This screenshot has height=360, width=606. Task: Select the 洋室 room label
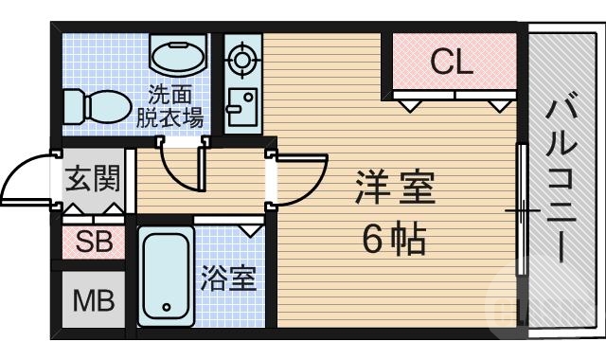coord(395,187)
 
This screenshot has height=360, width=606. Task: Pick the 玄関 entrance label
coord(92,178)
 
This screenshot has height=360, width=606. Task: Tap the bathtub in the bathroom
coord(167,276)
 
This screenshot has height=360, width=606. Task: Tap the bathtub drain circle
coord(167,307)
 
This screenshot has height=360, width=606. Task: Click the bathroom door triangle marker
coord(251,229)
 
